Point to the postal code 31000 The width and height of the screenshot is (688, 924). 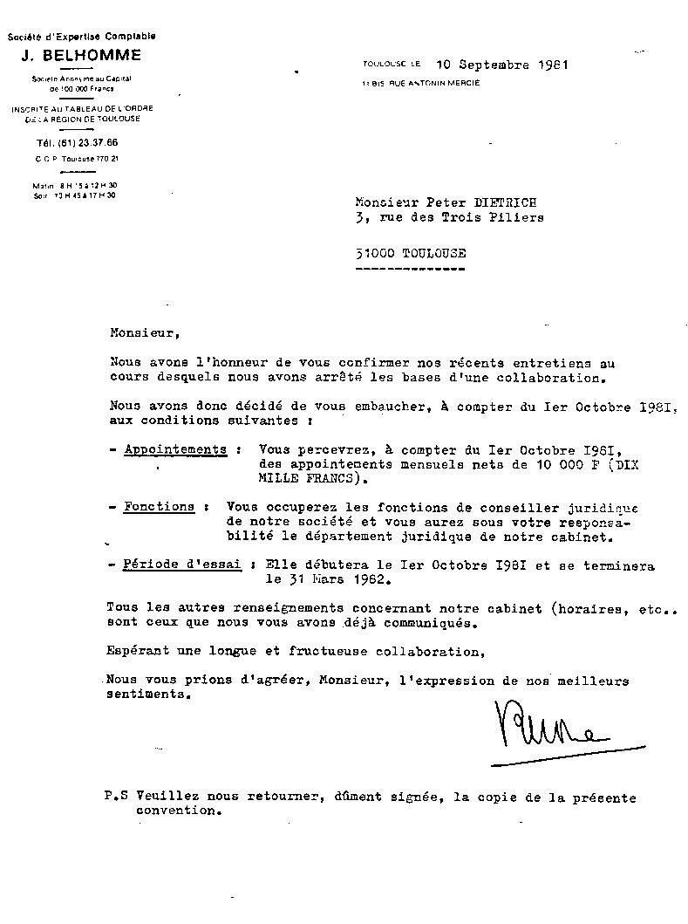pos(374,253)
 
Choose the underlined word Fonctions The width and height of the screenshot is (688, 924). pos(159,506)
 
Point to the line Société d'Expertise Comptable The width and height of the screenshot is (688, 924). pos(82,37)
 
